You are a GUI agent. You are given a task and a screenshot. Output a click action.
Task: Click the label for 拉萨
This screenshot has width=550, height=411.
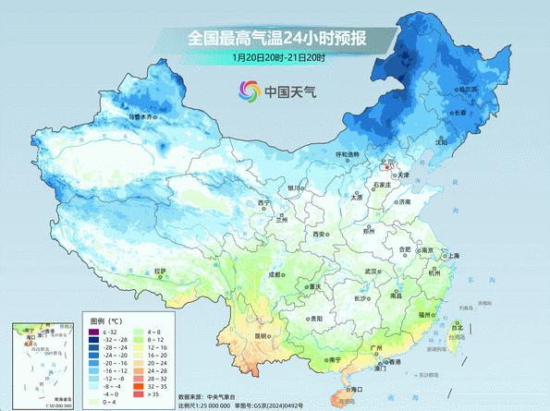[162, 271]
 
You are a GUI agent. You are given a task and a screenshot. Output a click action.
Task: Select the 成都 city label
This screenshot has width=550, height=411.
[275, 273]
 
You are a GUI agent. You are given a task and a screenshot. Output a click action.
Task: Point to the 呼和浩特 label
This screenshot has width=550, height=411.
[347, 153]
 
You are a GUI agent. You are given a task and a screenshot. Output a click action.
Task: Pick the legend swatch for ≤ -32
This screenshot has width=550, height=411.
[92, 332]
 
